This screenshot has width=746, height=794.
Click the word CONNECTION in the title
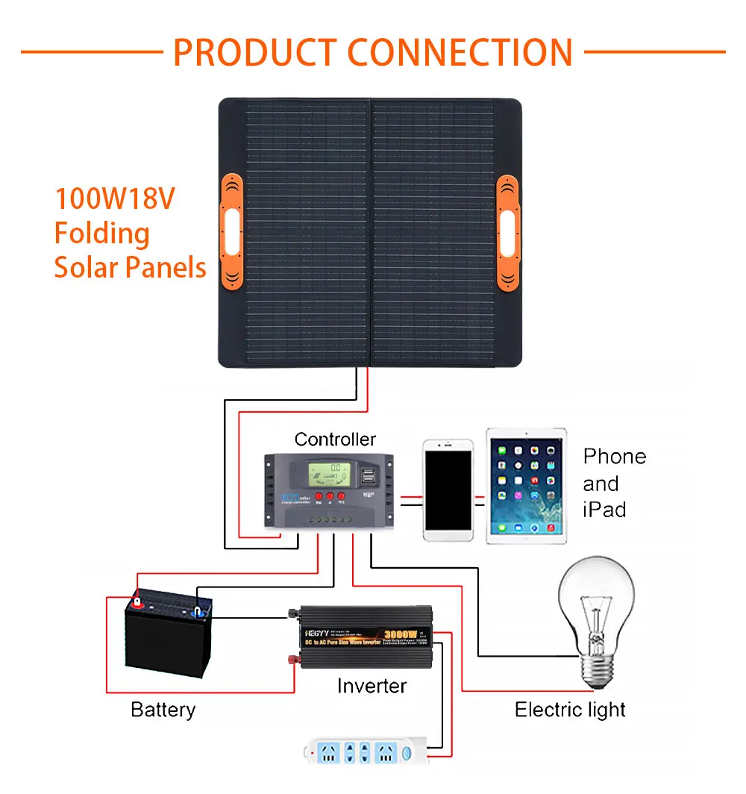pos(460,51)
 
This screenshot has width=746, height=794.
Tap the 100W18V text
pos(114,200)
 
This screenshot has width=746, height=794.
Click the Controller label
pos(335,440)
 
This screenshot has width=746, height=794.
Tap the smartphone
pos(448,490)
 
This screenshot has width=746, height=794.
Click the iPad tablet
pos(526,485)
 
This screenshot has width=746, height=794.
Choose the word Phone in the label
pos(615,457)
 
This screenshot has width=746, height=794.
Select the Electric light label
pos(570,710)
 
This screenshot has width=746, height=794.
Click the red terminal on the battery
pos(137,599)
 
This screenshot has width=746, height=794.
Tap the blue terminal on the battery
pos(199,611)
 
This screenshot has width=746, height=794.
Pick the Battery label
pos(163,710)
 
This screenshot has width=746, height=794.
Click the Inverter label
pos(372,686)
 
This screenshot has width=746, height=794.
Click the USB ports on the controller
pos(369,475)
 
